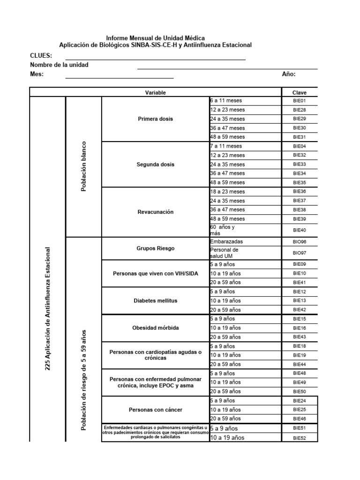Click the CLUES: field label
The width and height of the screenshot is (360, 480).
(x=41, y=56)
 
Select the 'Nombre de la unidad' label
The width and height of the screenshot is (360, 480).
(x=59, y=65)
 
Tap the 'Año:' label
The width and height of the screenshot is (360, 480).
(x=289, y=74)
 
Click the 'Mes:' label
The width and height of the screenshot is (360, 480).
(x=37, y=74)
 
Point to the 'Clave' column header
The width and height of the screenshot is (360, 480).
(x=299, y=93)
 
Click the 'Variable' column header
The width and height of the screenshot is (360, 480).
(x=155, y=93)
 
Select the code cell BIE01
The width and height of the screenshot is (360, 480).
(x=299, y=101)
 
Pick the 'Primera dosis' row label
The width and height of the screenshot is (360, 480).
(x=155, y=119)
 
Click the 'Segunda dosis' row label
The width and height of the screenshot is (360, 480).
(x=155, y=165)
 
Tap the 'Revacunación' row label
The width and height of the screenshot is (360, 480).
(x=155, y=212)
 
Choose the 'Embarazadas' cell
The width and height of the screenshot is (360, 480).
(x=227, y=241)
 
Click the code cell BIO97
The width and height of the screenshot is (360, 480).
(x=299, y=253)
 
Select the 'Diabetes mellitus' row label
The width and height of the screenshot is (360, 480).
(x=155, y=300)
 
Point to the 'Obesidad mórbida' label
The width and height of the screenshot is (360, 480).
(x=155, y=328)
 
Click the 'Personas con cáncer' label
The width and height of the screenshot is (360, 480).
(x=155, y=410)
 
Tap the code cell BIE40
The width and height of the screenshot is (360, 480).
(x=299, y=230)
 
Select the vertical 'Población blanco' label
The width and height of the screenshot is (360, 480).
(x=84, y=166)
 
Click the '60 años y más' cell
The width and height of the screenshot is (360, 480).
(x=223, y=230)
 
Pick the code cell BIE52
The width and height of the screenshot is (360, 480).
(x=299, y=438)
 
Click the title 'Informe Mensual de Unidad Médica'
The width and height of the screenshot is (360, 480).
(x=155, y=37)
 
